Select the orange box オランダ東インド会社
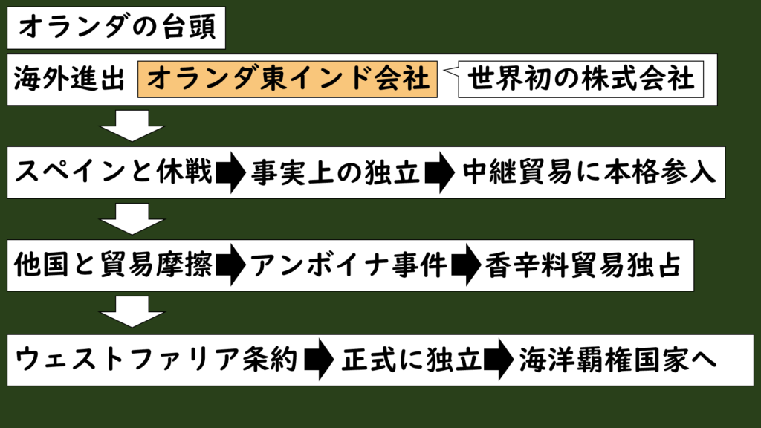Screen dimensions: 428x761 pyautogui.click(x=287, y=79)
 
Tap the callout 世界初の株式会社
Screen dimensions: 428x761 pyautogui.click(x=580, y=79)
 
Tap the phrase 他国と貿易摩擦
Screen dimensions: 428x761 pyautogui.click(x=114, y=265)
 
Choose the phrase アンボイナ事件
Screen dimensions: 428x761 pyautogui.click(x=348, y=265)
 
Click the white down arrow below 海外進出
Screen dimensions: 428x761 pyautogui.click(x=132, y=126)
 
